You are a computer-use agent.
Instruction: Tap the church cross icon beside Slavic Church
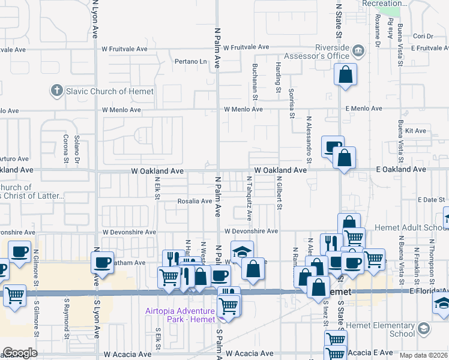pyautogui.click(x=57, y=91)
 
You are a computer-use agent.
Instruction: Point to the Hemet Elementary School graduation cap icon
pyautogui.click(x=424, y=329)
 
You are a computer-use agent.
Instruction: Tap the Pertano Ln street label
pyautogui.click(x=190, y=61)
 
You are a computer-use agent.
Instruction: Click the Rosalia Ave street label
pyautogui.click(x=194, y=201)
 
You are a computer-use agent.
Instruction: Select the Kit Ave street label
pyautogui.click(x=415, y=130)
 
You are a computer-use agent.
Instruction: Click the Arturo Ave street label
pyautogui.click(x=14, y=159)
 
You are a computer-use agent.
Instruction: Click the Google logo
pyautogui.click(x=20, y=353)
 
